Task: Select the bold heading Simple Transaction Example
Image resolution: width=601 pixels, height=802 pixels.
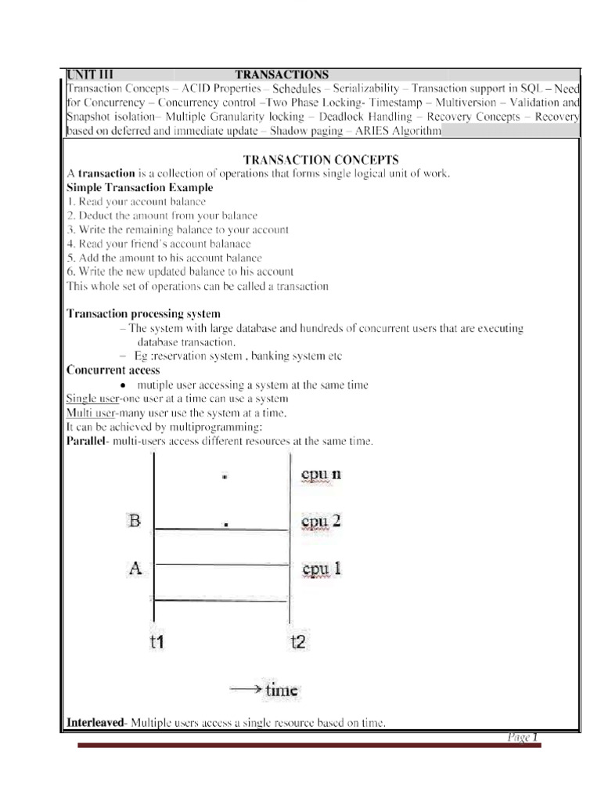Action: click(139, 188)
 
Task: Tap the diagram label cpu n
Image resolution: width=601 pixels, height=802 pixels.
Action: click(321, 474)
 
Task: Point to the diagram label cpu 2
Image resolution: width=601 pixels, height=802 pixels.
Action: click(321, 521)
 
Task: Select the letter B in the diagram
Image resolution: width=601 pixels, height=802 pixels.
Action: click(135, 520)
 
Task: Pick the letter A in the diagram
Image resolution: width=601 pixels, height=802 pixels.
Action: click(135, 569)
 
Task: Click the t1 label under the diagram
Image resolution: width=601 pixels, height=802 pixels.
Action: click(157, 642)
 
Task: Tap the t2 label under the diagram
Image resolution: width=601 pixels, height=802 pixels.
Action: click(298, 642)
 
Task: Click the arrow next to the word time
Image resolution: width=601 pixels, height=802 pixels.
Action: click(245, 689)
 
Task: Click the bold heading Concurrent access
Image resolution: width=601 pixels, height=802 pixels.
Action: click(113, 370)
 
